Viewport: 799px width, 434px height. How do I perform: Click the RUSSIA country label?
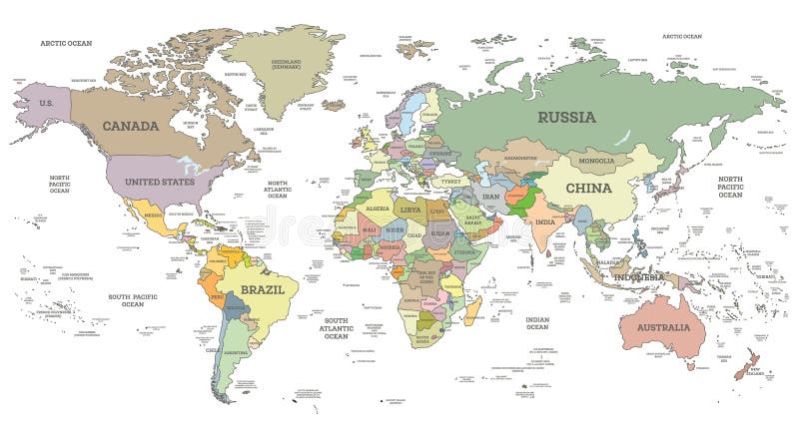pos(566,117)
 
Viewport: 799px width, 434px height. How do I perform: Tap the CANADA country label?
pos(131,126)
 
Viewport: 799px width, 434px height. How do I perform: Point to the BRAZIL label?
pos(262,289)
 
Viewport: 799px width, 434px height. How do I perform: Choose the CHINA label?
pos(588,188)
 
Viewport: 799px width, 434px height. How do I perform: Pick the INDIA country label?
pos(543,222)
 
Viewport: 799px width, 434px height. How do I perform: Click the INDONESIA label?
pos(637,276)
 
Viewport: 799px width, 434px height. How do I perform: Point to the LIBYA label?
pos(411,211)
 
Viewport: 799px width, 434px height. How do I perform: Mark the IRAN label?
pos(490,198)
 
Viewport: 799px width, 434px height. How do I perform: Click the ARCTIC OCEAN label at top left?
pos(65,43)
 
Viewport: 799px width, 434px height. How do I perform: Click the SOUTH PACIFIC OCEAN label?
pos(133,300)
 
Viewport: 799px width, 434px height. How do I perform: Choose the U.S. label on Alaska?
pos(46,104)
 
